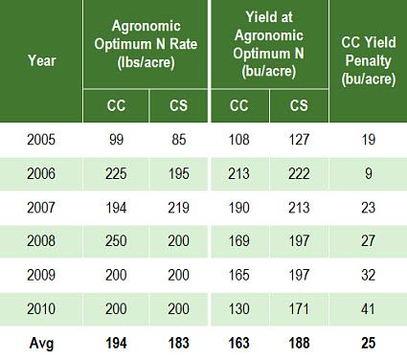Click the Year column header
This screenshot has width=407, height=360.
click(x=41, y=60)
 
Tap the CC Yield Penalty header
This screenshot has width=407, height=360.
click(x=369, y=60)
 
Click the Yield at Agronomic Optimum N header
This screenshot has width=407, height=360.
click(x=269, y=43)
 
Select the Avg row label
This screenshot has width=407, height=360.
click(x=41, y=341)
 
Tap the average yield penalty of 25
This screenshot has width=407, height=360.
click(x=369, y=341)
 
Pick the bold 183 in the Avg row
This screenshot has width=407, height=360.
click(x=178, y=341)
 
